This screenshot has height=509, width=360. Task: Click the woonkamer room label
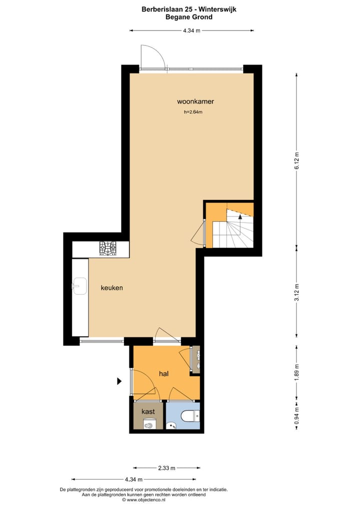[195, 101]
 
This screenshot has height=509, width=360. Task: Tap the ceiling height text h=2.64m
[193, 112]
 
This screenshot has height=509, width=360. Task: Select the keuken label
[111, 288]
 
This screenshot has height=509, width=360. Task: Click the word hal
[163, 373]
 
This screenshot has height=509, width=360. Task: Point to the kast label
[148, 411]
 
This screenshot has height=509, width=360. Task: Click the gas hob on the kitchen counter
[107, 248]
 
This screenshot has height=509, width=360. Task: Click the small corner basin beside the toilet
[171, 425]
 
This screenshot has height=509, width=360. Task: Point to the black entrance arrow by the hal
[119, 381]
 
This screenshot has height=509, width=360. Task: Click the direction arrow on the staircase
[240, 217]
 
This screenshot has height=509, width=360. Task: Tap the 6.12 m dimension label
[296, 160]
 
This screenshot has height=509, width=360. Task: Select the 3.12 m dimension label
[296, 291]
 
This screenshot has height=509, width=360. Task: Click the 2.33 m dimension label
[166, 468]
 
